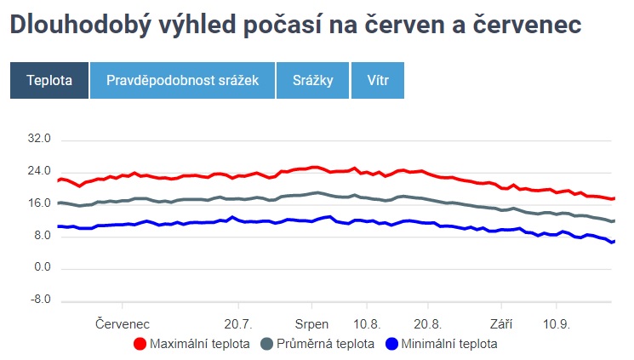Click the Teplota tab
[x=49, y=80]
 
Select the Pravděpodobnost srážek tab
[x=182, y=80]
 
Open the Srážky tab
[x=314, y=80]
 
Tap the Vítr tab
[x=378, y=80]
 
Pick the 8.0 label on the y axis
[x=43, y=236]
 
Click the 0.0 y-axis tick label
[x=43, y=268]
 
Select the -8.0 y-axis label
[x=42, y=300]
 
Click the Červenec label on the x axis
[x=123, y=324]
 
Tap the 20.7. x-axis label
[x=238, y=324]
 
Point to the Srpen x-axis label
[x=311, y=324]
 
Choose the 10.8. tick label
[x=366, y=324]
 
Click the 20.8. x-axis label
[x=428, y=324]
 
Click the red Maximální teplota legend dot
[x=140, y=344]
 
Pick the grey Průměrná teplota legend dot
[x=266, y=344]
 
